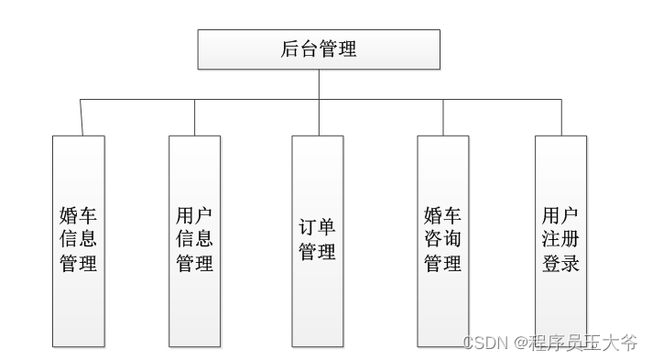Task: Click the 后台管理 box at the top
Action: click(319, 49)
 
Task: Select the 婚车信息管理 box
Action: click(79, 241)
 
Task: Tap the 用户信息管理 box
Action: click(194, 241)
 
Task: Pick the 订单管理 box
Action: click(318, 241)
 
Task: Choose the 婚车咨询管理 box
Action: click(443, 241)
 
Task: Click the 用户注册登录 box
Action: click(560, 241)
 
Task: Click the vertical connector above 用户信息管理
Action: click(194, 117)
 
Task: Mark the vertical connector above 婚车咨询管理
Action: click(443, 117)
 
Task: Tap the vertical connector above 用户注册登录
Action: click(560, 117)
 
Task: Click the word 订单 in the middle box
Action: click(318, 228)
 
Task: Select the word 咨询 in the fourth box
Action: click(443, 240)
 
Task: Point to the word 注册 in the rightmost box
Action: click(560, 240)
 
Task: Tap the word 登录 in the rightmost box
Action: click(560, 264)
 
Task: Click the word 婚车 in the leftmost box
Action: click(79, 216)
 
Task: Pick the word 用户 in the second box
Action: click(194, 216)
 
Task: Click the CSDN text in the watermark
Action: click(484, 343)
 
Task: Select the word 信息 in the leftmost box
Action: click(79, 240)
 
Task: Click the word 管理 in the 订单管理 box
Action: click(318, 252)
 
